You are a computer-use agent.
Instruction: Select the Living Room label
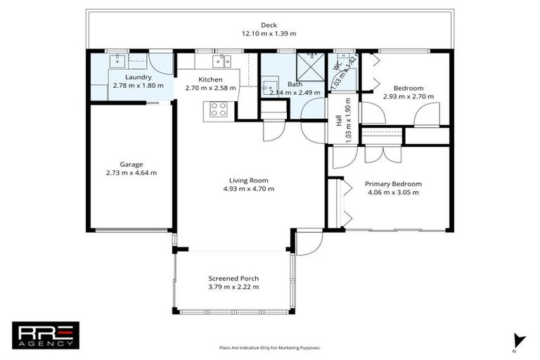[x=249, y=180]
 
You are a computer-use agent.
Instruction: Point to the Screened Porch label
[x=233, y=278]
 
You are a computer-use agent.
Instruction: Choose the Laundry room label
[x=138, y=77]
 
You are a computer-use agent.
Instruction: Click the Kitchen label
[x=210, y=79]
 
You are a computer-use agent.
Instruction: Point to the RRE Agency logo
[x=46, y=335]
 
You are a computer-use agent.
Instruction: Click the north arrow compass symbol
[x=519, y=340]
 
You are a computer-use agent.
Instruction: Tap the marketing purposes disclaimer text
[x=269, y=347]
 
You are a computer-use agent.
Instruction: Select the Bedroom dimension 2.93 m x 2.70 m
[x=409, y=96]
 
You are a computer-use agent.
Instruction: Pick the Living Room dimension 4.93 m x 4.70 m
[x=249, y=189]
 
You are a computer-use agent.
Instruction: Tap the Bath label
[x=295, y=84]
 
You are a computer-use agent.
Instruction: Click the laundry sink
[x=117, y=60]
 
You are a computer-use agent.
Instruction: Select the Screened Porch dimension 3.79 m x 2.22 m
[x=233, y=287]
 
